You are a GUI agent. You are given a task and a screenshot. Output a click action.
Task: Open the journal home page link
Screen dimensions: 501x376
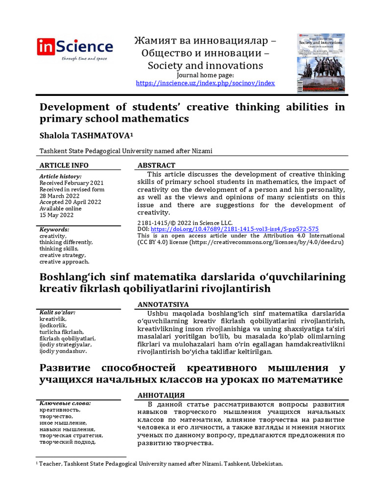pyautogui.click(x=205, y=83)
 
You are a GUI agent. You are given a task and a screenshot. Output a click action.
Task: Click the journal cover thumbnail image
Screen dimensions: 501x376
pyautogui.click(x=321, y=63)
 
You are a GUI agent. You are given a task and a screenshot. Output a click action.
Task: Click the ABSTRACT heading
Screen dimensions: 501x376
pyautogui.click(x=156, y=165)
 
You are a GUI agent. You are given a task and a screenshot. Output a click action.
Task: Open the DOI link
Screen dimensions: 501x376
pyautogui.click(x=235, y=228)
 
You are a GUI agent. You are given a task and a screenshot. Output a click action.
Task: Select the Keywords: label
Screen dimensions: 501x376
pyautogui.click(x=54, y=229)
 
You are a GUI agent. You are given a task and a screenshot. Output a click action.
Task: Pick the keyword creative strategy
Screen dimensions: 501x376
pyautogui.click(x=63, y=255)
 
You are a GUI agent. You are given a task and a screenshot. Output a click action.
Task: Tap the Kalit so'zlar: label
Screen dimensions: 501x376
pyautogui.click(x=57, y=312)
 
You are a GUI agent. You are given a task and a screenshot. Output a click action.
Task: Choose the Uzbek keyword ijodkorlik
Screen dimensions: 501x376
pyautogui.click(x=53, y=325)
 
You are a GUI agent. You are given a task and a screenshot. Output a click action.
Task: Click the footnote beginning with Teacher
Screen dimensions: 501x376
pyautogui.click(x=162, y=464)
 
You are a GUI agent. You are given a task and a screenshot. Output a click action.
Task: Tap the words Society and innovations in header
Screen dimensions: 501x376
pyautogui.click(x=205, y=66)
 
